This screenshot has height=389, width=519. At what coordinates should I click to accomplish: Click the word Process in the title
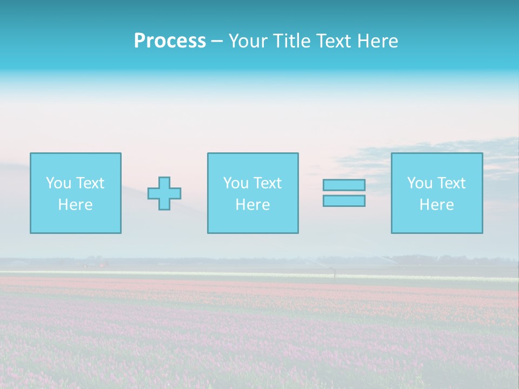pyautogui.click(x=170, y=41)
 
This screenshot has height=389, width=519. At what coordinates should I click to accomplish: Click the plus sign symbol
pyautogui.click(x=164, y=193)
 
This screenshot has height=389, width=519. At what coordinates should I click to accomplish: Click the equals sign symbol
pyautogui.click(x=344, y=193)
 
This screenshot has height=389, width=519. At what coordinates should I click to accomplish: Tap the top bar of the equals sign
pyautogui.click(x=344, y=185)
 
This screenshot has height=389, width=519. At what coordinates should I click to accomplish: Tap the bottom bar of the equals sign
pyautogui.click(x=344, y=201)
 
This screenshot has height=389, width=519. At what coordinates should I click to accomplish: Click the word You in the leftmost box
pyautogui.click(x=58, y=183)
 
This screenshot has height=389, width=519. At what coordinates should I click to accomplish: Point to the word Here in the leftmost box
pyautogui.click(x=75, y=205)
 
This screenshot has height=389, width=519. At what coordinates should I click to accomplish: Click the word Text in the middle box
pyautogui.click(x=267, y=183)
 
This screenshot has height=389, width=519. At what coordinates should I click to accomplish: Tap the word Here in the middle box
pyautogui.click(x=252, y=205)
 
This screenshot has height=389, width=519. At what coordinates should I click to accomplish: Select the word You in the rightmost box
pyautogui.click(x=420, y=183)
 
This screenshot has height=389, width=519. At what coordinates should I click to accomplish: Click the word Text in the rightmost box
pyautogui.click(x=451, y=183)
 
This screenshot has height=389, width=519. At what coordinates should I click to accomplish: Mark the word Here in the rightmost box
pyautogui.click(x=436, y=205)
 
